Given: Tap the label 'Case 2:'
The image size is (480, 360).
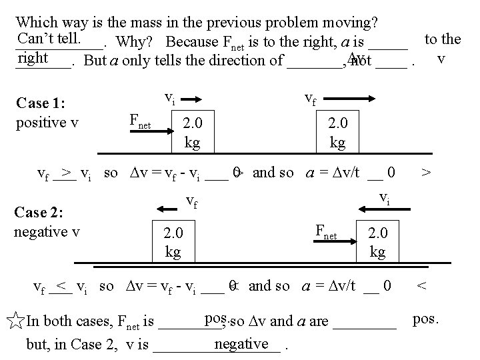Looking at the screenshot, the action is click(39, 213).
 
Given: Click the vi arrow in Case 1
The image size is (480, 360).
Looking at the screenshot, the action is click(191, 101).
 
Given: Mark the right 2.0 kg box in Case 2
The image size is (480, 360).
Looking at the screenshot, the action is click(377, 241).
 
